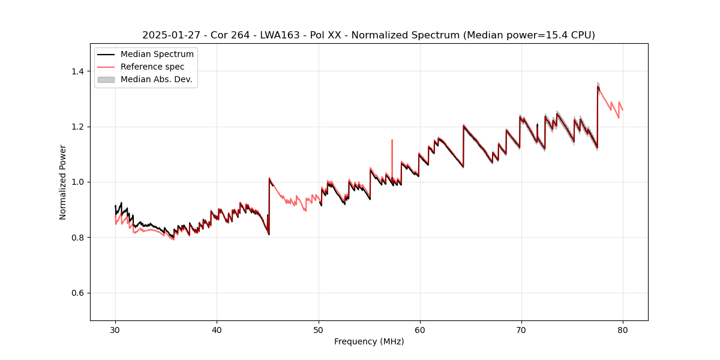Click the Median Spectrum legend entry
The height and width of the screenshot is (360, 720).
pyautogui.click(x=157, y=55)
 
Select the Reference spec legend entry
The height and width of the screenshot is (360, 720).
pyautogui.click(x=152, y=67)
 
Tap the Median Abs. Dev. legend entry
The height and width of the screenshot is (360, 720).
pyautogui.click(x=156, y=79)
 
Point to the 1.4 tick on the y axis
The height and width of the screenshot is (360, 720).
pyautogui.click(x=78, y=71)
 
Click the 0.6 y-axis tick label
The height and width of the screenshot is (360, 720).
pyautogui.click(x=78, y=293)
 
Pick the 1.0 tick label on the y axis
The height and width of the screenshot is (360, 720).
pyautogui.click(x=78, y=182)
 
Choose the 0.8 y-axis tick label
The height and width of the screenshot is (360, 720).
pyautogui.click(x=78, y=238)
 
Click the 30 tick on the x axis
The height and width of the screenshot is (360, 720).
pyautogui.click(x=115, y=330)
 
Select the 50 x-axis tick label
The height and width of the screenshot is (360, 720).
pyautogui.click(x=318, y=330)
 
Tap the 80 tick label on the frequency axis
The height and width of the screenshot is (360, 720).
pyautogui.click(x=622, y=330)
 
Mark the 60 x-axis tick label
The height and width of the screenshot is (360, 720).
pyautogui.click(x=419, y=330)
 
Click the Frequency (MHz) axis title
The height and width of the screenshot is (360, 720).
pyautogui.click(x=369, y=341)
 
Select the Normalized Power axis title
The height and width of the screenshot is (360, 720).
pyautogui.click(x=63, y=182)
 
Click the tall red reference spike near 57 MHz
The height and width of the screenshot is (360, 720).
pyautogui.click(x=392, y=140)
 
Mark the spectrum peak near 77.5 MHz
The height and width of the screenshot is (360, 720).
pyautogui.click(x=598, y=86)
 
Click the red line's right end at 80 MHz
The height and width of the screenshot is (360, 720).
pyautogui.click(x=622, y=110)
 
